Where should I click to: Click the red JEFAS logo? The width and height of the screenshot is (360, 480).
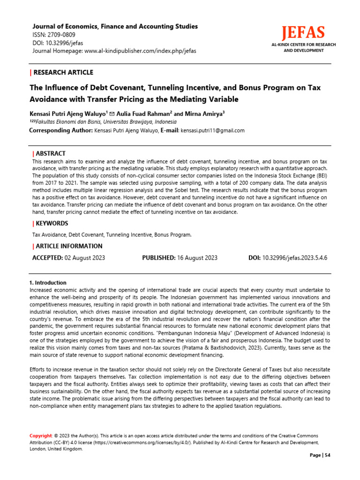303,33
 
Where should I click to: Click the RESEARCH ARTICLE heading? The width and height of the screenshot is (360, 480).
63,72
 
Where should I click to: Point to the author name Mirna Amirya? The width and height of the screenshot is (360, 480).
205,113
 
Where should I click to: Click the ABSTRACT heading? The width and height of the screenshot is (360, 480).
50,154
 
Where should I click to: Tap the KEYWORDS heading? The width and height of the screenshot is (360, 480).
51,223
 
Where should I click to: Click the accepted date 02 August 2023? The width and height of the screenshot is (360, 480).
84,258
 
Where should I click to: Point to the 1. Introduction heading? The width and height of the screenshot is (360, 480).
48,283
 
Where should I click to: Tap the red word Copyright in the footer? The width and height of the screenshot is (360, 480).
41,436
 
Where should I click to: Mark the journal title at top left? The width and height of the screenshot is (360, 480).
114,26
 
